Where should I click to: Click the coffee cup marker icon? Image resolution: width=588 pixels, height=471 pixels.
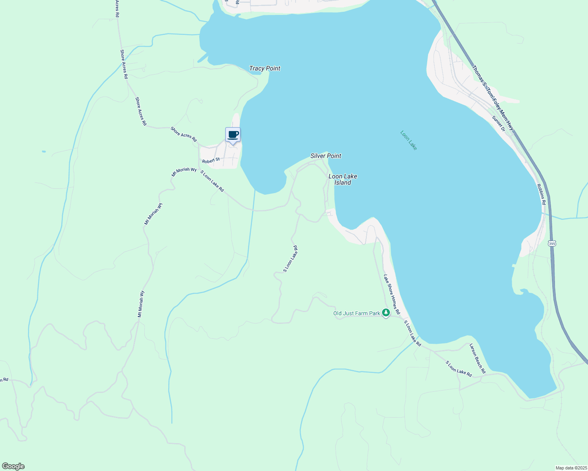233,135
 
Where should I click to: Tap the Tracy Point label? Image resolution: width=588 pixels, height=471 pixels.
265,68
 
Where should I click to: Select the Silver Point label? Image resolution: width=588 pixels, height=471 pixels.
326,156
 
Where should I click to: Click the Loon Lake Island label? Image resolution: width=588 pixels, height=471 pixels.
343,179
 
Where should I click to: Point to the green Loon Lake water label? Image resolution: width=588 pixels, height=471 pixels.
408,140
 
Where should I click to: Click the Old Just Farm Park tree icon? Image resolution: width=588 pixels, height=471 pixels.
386,312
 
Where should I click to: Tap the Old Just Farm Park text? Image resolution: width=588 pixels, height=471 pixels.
356,313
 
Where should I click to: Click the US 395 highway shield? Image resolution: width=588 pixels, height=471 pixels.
552,243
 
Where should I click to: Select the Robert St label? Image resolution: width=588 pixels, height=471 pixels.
211,161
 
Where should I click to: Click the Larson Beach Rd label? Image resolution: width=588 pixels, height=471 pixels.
478,358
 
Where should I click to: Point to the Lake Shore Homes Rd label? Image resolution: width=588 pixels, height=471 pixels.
392,294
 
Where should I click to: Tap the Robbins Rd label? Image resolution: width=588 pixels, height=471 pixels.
542,195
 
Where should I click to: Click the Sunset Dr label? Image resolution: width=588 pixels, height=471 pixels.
498,123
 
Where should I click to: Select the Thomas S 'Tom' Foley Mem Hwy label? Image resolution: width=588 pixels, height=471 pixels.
493,98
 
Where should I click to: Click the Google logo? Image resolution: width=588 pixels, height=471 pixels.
13,466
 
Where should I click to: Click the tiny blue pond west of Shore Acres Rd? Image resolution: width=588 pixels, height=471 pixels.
43,151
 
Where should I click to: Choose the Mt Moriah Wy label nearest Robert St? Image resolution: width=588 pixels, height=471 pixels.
184,172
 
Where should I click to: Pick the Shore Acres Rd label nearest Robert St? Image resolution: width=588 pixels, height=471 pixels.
184,135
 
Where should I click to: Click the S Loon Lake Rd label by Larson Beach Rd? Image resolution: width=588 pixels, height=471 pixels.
459,369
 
